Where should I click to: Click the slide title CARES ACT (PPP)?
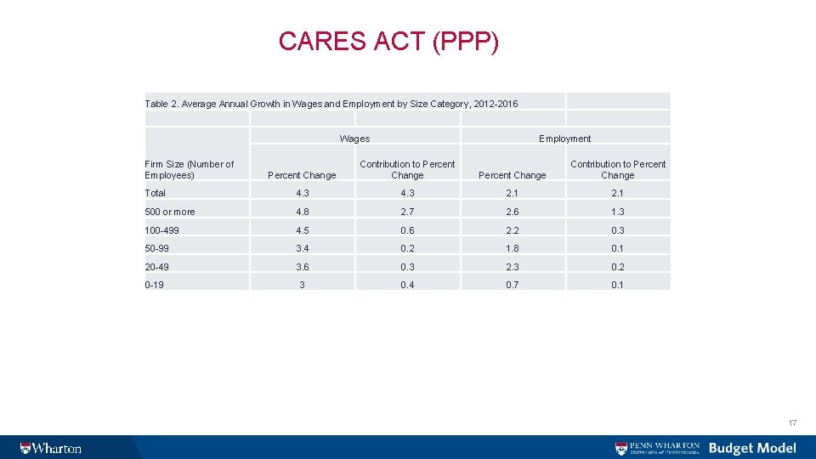[388, 41]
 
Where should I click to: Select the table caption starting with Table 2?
[331, 104]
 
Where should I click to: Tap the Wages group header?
[354, 139]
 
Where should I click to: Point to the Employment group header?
[564, 139]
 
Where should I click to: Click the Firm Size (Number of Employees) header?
[190, 169]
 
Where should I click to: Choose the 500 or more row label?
[170, 212]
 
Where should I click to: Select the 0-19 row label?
[155, 285]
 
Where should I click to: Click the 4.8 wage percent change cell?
[302, 212]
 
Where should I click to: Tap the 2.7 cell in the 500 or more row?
[407, 212]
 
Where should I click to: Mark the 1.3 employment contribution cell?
[617, 212]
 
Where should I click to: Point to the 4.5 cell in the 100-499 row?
[302, 230]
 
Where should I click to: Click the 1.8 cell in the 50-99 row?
[513, 248]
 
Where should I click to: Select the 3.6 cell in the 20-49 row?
[302, 267]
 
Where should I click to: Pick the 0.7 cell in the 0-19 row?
[513, 285]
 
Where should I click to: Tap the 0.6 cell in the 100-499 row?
[407, 230]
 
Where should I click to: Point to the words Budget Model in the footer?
[752, 448]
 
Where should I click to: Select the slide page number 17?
[792, 423]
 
